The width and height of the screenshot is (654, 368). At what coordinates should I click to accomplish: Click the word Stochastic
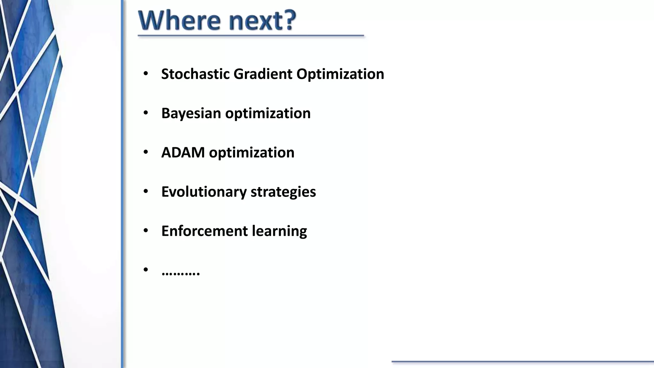point(195,74)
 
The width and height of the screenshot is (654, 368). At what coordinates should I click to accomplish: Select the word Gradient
point(263,74)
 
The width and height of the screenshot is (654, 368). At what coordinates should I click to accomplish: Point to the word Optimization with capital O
point(340,74)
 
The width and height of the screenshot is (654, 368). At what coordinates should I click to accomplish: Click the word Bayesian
point(191,113)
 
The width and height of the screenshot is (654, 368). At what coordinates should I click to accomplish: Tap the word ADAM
point(183,152)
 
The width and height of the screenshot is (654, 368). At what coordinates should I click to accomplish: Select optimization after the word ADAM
point(252,152)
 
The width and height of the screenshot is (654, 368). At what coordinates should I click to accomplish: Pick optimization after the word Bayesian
point(268,113)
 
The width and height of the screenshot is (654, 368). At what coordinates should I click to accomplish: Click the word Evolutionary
point(204,192)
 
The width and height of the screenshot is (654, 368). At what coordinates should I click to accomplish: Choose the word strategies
point(283,192)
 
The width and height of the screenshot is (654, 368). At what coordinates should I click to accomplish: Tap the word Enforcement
point(204,231)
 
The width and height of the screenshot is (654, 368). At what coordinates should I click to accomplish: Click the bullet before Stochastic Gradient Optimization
point(146,74)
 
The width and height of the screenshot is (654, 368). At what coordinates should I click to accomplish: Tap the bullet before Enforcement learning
point(146,231)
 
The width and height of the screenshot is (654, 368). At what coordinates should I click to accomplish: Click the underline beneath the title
point(251,36)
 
